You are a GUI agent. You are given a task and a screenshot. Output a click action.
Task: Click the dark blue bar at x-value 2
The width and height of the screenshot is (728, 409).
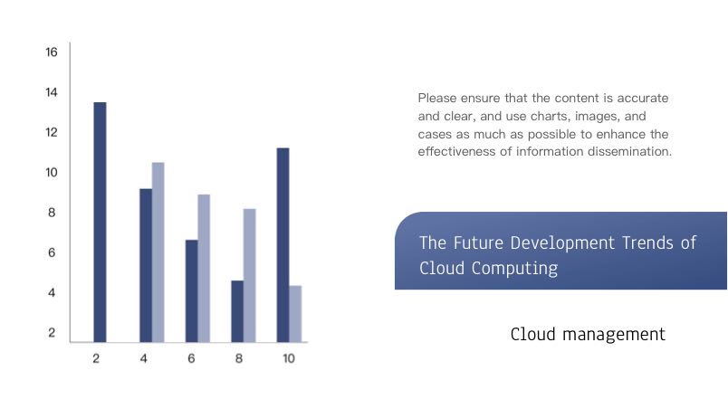pos(100,222)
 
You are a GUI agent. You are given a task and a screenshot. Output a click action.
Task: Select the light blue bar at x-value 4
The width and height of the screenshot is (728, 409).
pos(158,252)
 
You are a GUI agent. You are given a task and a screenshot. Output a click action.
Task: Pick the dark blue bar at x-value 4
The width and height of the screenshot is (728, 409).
pos(146,265)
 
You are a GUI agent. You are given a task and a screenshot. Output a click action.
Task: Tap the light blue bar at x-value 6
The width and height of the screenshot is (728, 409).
pos(204,269)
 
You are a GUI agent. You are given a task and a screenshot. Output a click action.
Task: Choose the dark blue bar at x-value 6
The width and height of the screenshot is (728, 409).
pos(192,290)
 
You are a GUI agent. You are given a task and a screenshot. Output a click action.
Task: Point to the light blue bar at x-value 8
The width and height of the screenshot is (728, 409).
pos(250,275)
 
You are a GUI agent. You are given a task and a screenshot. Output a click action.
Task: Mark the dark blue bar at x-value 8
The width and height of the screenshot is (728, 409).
pos(237,311)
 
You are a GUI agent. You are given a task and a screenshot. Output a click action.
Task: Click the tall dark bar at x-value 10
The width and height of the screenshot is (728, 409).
pos(283,245)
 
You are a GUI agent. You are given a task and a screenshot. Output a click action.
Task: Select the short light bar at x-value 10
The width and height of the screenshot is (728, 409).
pos(295,314)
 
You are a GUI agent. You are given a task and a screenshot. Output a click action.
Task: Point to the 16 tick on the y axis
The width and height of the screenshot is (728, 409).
pos(52,52)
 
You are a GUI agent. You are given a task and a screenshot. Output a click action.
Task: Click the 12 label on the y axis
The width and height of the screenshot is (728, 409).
pos(52,132)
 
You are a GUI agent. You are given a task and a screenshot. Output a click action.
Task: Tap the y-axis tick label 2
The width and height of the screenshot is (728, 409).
pos(52,332)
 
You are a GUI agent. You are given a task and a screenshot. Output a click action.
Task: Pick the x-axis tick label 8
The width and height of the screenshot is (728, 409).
pos(239,358)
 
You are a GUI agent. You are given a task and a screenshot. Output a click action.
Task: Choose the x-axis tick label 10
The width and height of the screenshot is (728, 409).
pos(289,358)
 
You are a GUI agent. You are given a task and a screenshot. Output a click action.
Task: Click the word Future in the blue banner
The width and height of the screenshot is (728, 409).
pos(478,243)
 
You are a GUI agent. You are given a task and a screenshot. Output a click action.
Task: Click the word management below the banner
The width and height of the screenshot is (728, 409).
pos(614,334)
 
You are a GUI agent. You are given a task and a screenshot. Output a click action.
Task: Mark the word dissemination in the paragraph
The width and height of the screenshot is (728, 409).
pos(629,152)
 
